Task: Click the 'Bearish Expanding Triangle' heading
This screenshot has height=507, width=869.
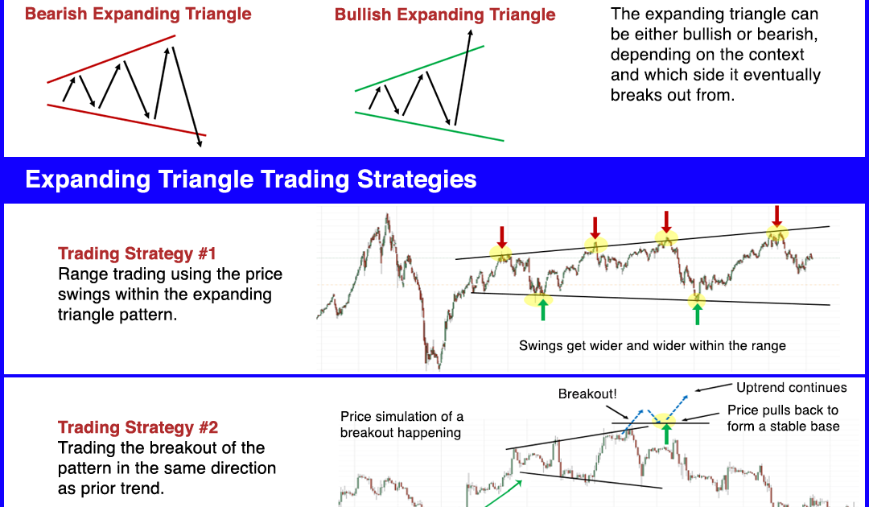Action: pyautogui.click(x=138, y=14)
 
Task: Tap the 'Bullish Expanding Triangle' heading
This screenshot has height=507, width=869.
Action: pyautogui.click(x=445, y=14)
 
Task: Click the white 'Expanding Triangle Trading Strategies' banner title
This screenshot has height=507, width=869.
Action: pyautogui.click(x=251, y=179)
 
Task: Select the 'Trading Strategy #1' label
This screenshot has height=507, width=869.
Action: pyautogui.click(x=137, y=253)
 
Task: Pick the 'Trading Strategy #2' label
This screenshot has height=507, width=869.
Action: pyautogui.click(x=138, y=428)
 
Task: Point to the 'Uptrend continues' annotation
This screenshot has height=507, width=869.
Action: pyautogui.click(x=792, y=387)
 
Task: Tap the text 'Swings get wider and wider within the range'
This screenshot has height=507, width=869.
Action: pyautogui.click(x=653, y=346)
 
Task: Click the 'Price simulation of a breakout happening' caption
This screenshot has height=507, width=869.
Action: pyautogui.click(x=402, y=424)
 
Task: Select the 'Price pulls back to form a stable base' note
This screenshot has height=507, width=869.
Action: pyautogui.click(x=783, y=418)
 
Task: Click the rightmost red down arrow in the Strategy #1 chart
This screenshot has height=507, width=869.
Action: pyautogui.click(x=777, y=216)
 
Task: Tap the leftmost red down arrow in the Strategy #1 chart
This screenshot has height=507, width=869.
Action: pyautogui.click(x=501, y=237)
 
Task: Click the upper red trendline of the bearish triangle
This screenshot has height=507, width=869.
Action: pyautogui.click(x=111, y=59)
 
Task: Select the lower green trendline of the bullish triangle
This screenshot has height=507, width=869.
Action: pyautogui.click(x=429, y=126)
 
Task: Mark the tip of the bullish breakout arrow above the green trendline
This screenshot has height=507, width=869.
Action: pyautogui.click(x=470, y=30)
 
